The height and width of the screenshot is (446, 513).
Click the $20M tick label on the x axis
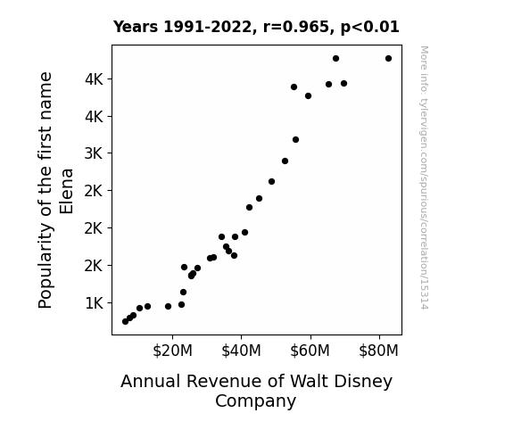click(172, 351)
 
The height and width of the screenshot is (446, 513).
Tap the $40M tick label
click(241, 351)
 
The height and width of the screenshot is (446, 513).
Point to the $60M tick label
click(310, 351)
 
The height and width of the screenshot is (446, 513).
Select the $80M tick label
click(378, 351)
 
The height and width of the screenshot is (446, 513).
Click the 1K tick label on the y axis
click(95, 303)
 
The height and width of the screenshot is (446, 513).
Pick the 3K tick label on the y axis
click(94, 153)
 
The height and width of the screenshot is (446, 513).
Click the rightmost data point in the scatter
click(388, 59)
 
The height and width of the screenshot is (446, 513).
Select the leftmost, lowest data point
click(125, 322)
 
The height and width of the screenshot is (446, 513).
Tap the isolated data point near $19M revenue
click(168, 307)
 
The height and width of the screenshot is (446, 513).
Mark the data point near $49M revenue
click(271, 182)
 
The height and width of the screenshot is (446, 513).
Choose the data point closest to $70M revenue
click(343, 84)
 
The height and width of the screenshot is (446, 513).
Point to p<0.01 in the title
click(370, 28)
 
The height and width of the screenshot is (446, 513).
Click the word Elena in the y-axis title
click(66, 192)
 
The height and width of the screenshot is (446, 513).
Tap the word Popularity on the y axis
click(46, 266)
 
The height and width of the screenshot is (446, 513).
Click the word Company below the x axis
click(255, 401)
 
